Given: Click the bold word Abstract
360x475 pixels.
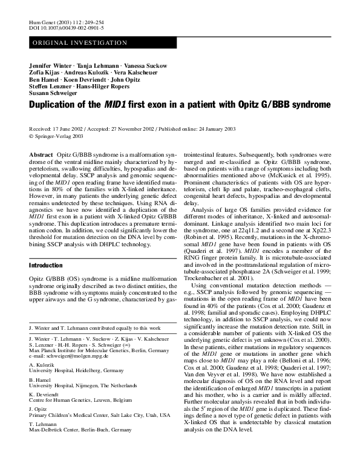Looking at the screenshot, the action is [41, 156].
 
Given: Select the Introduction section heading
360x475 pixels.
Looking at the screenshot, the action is [46, 266].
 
